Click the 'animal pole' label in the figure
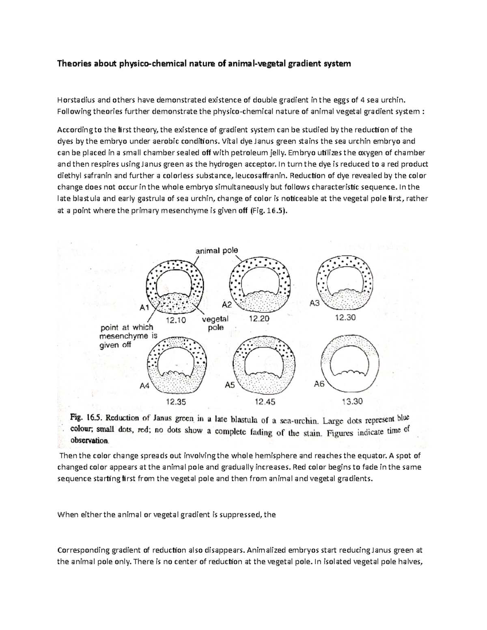tap(217, 251)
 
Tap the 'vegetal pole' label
tap(215, 323)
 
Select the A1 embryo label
tap(145, 307)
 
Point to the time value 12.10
tap(176, 320)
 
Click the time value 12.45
tap(265, 402)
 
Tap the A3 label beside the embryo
tap(315, 303)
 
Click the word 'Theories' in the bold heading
tap(73, 64)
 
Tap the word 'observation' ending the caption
tap(89, 440)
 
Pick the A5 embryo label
tap(230, 385)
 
